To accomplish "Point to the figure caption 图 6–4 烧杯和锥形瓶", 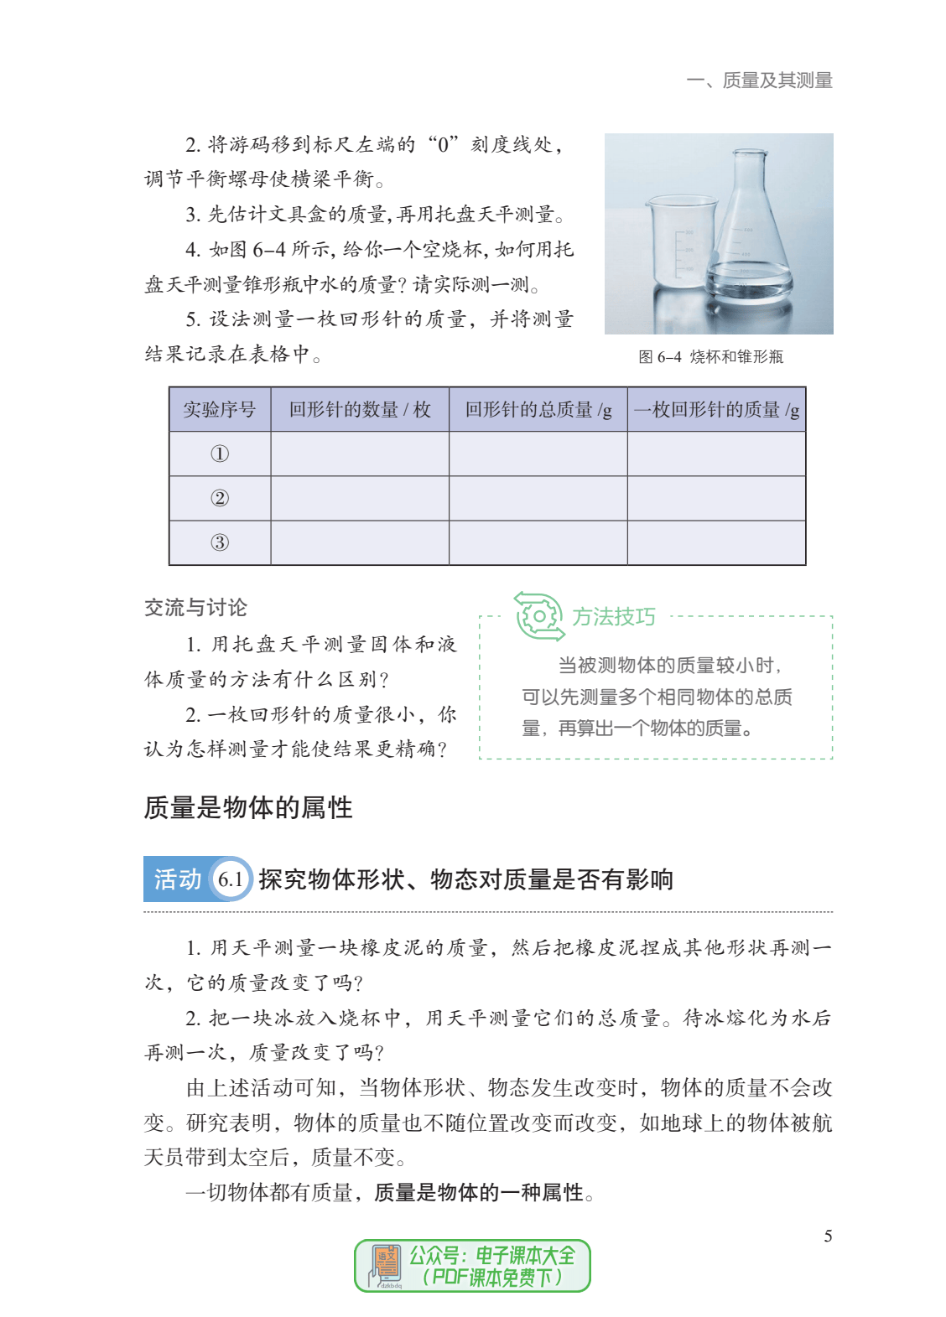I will coord(710,357).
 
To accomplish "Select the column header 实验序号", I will coord(220,410).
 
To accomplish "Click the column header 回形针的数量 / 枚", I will coord(360,410).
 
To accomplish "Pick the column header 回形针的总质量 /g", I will coord(538,410).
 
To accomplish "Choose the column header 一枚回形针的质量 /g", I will coord(717,410).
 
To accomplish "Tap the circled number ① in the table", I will coord(220,454).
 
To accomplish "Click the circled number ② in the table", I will coord(220,499).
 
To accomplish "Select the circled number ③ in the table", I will coord(220,543).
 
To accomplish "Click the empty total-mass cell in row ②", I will coord(538,499).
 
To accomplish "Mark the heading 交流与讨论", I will coord(195,608).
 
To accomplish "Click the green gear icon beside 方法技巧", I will coord(538,617).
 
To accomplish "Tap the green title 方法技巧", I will coord(614,617).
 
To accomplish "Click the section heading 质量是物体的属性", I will coord(248,808).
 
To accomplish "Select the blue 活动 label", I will coord(177,879).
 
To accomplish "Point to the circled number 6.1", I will coord(230,879).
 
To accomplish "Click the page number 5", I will coord(828,1237).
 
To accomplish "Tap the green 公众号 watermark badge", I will coord(472,1266).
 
